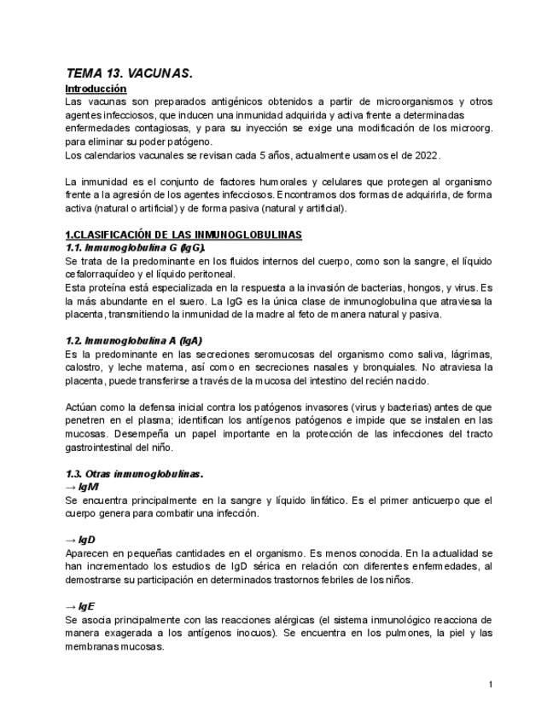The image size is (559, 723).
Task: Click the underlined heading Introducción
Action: pos(96,89)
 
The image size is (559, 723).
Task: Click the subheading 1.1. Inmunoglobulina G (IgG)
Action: pos(135,247)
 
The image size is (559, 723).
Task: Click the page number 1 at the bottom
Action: pos(491,685)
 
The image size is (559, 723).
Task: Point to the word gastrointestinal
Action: pos(103,447)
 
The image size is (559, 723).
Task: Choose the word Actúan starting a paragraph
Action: pos(83,407)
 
